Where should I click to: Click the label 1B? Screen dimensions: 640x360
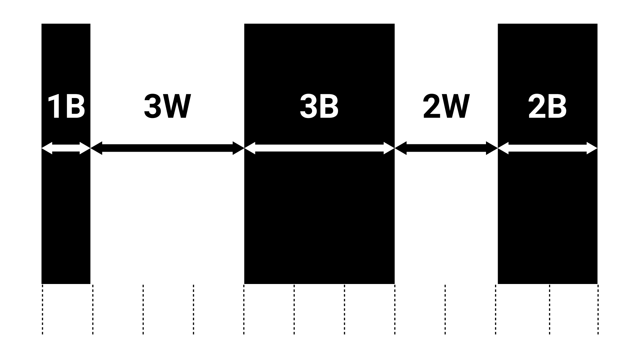coord(66,107)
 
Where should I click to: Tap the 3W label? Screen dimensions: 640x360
coord(167,107)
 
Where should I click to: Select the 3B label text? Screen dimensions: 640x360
coord(319,107)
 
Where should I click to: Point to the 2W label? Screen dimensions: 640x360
coord(446,107)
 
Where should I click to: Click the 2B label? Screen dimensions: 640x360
coord(547,107)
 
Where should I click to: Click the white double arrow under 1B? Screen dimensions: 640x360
coord(66,148)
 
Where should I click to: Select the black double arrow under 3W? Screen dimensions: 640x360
coord(167,148)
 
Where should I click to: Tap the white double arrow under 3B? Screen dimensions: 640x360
coord(319,148)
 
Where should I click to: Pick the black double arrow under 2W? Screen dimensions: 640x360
coord(446,148)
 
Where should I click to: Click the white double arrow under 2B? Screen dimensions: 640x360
coord(547,148)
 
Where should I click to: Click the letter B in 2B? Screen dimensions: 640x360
coord(557,107)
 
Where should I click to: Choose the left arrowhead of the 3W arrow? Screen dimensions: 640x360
coord(96,148)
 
